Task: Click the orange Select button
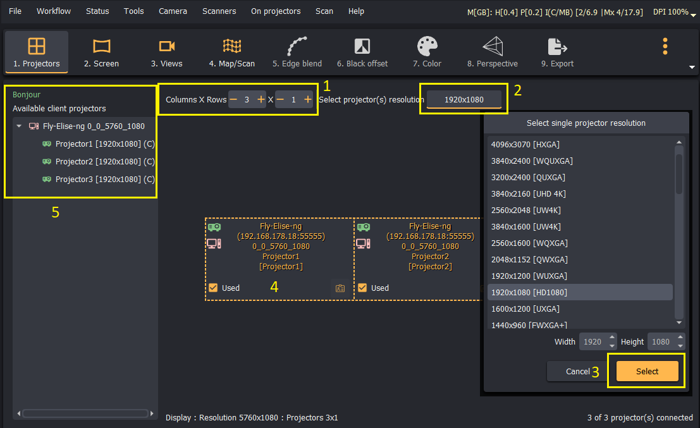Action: click(x=647, y=371)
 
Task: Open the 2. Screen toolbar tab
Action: click(x=101, y=52)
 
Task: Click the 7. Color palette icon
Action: click(x=427, y=46)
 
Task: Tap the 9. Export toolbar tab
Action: click(x=557, y=52)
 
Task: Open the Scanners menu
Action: click(x=219, y=11)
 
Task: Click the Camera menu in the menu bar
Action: click(x=173, y=11)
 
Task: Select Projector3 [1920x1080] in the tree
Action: click(x=105, y=179)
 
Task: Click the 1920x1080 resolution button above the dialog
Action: click(x=464, y=99)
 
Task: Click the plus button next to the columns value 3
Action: click(x=261, y=99)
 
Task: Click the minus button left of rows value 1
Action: click(x=280, y=99)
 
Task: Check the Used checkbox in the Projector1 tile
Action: click(x=213, y=288)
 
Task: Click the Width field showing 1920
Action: click(x=593, y=342)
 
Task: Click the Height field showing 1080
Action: click(x=661, y=342)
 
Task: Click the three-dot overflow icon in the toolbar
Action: click(x=665, y=46)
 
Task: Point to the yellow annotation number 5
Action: click(x=56, y=212)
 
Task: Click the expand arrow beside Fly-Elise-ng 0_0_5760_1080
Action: click(x=19, y=126)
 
